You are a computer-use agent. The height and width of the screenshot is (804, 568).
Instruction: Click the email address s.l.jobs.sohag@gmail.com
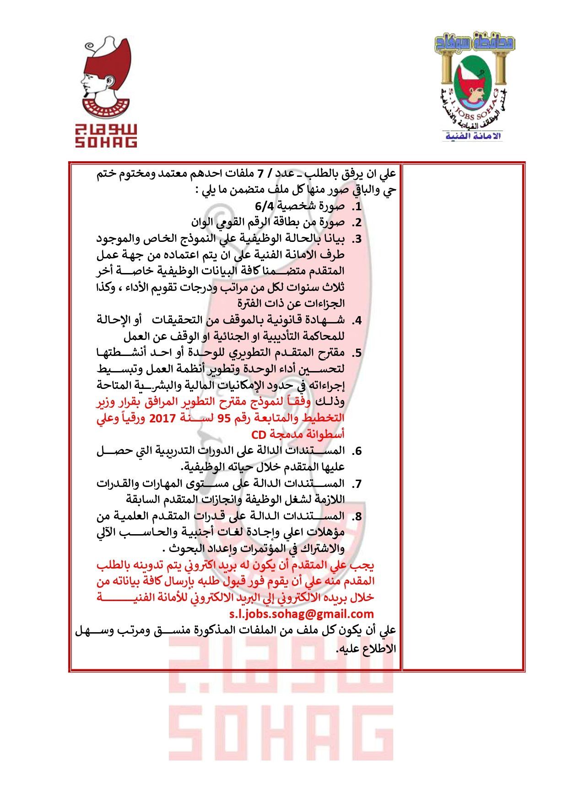pos(301,614)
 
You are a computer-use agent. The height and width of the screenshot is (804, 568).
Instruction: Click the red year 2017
pos(162,418)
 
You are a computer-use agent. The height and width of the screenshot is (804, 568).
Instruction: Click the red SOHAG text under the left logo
pos(106,142)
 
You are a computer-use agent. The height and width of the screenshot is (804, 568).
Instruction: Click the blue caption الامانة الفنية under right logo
pos(473,136)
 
